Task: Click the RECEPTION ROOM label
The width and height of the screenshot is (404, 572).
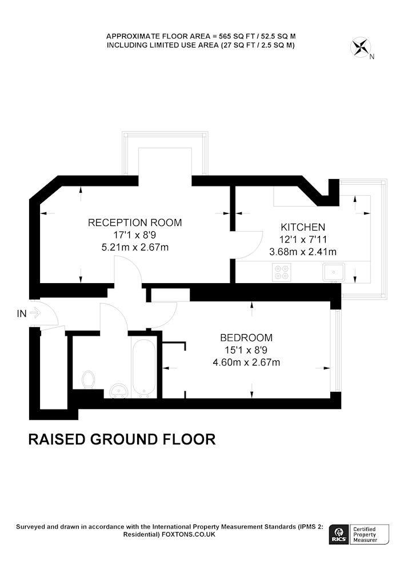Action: (134, 223)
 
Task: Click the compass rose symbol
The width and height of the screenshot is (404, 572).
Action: (361, 47)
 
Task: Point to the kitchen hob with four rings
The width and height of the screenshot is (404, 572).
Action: (282, 271)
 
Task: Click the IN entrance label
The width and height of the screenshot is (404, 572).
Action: (22, 313)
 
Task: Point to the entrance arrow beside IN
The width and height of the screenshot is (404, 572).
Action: (34, 313)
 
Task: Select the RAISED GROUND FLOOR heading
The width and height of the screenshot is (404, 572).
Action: (122, 439)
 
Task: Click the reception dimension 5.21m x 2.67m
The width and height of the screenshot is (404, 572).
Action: (134, 248)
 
